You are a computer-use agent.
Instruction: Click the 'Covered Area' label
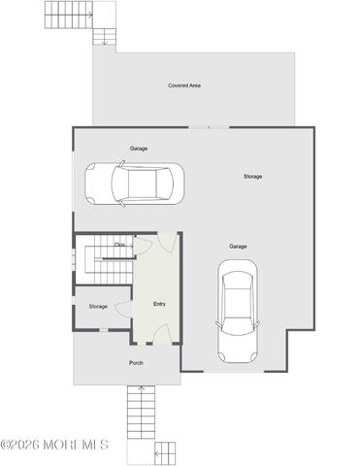183,85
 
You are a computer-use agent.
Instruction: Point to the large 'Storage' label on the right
252,176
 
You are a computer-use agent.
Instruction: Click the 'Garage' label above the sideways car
139,149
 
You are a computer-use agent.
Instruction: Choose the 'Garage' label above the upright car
238,247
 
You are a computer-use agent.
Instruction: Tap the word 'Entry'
159,305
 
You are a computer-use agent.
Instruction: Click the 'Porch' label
137,363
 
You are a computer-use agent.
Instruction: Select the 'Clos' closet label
119,245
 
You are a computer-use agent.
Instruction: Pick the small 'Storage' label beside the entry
98,307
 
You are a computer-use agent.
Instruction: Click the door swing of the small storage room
124,308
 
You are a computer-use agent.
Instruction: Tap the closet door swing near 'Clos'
142,246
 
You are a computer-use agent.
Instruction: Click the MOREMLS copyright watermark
54,446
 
